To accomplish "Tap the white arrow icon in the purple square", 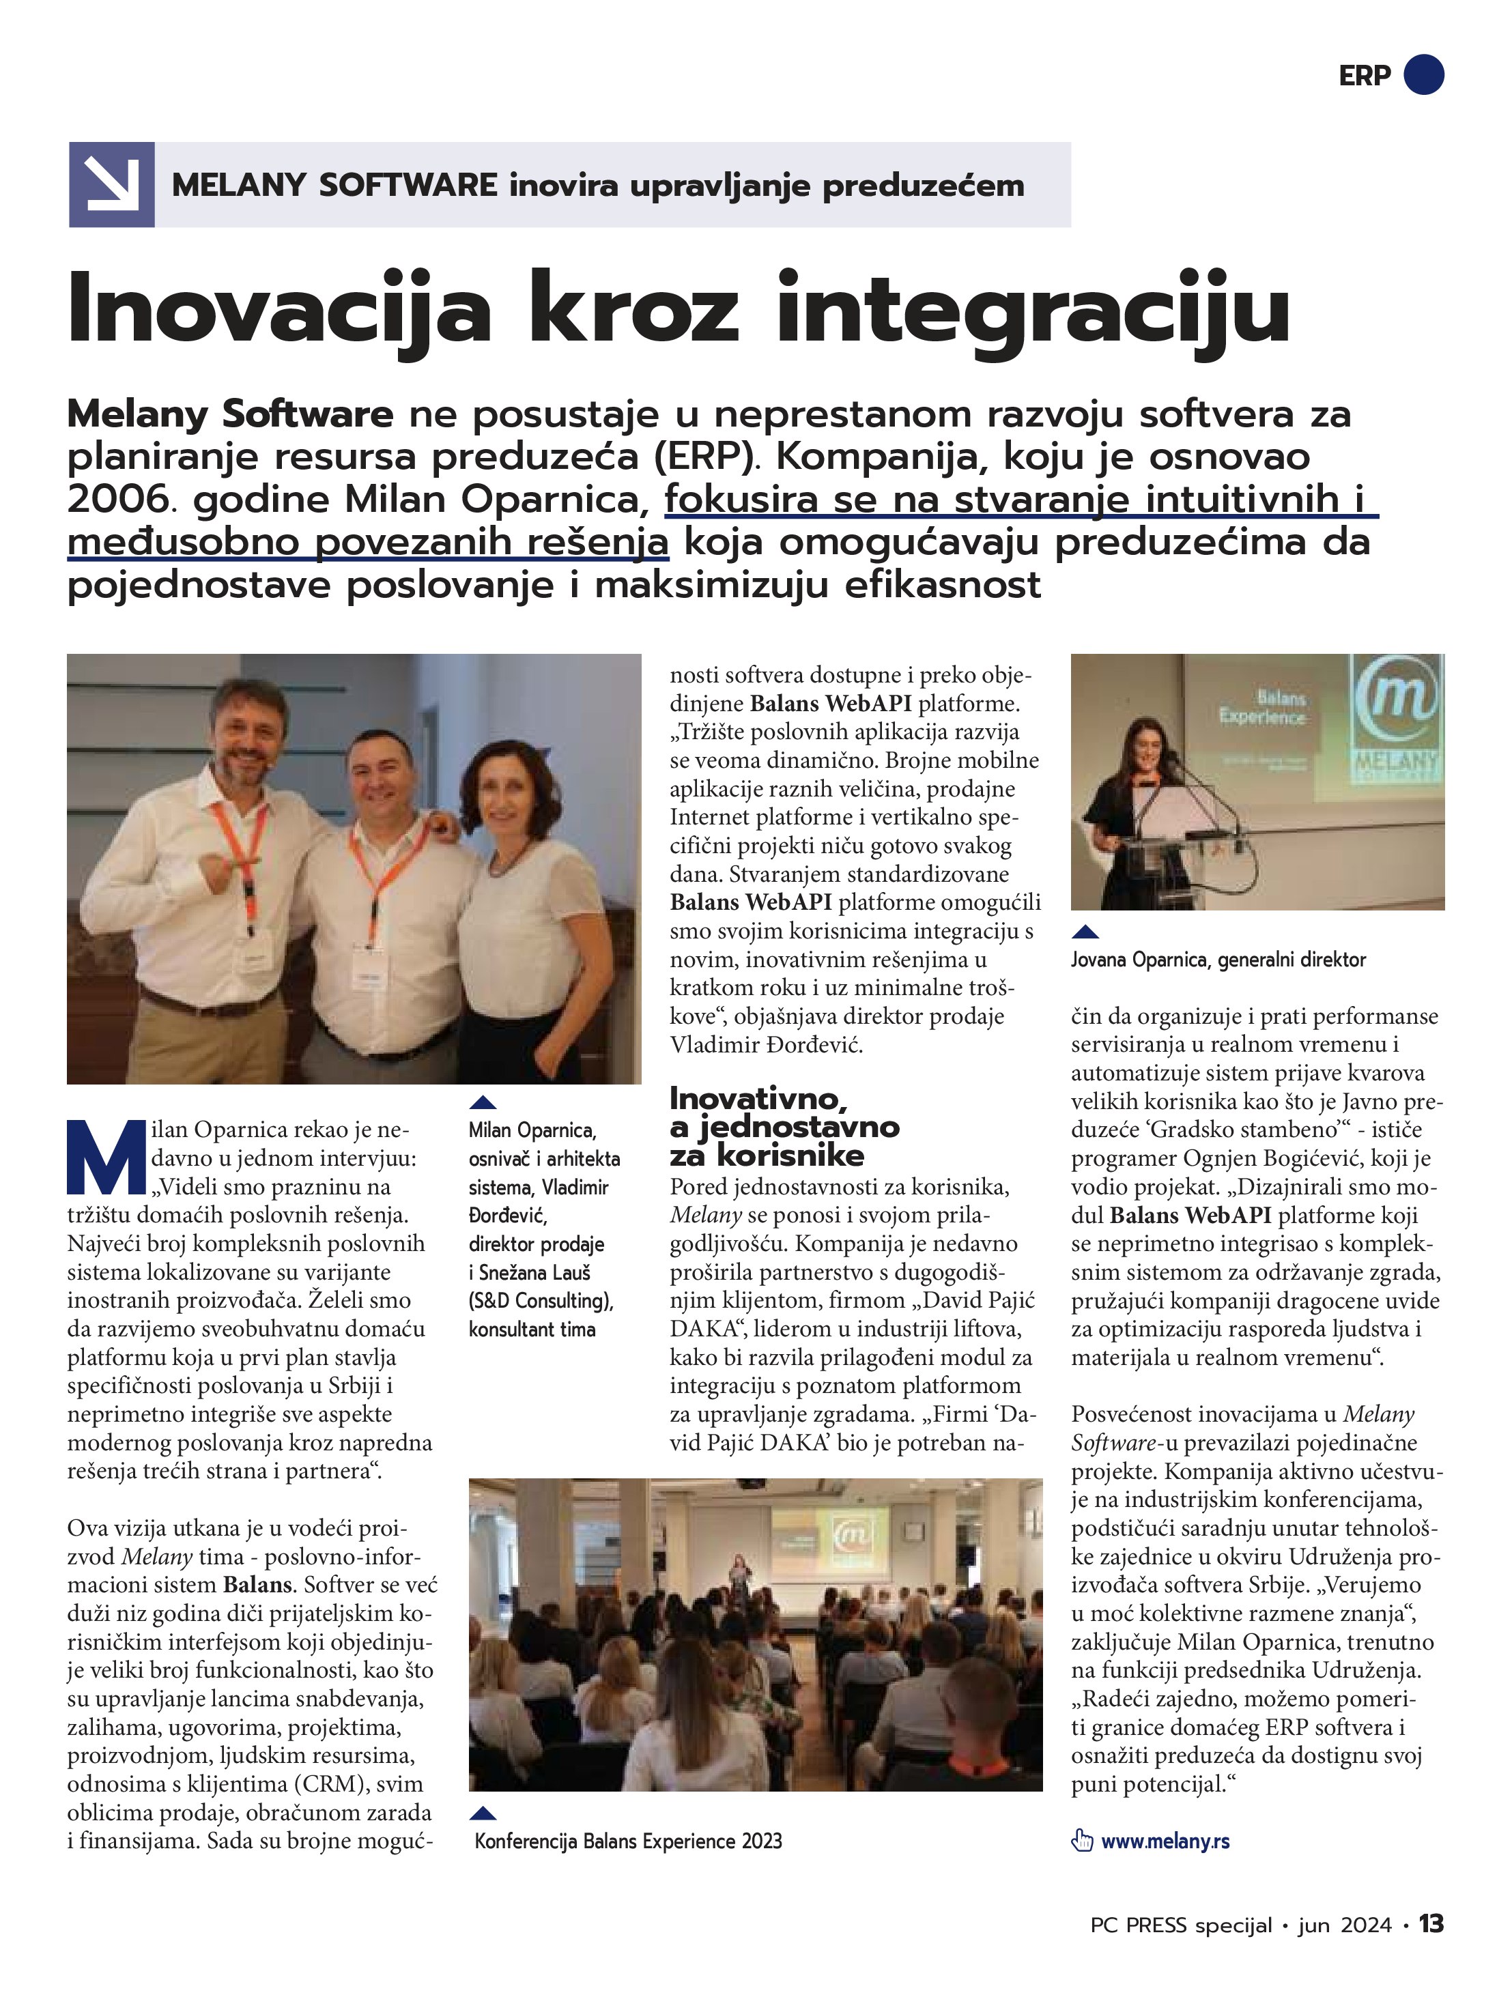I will pyautogui.click(x=111, y=184).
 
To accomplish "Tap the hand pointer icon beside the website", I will pyautogui.click(x=1082, y=1841).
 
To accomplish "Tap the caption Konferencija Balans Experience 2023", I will pyautogui.click(x=628, y=1841).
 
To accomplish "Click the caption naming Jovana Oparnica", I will pyautogui.click(x=1218, y=960).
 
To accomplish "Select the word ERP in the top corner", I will pyautogui.click(x=1365, y=76).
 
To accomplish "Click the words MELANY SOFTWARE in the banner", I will pyautogui.click(x=334, y=185).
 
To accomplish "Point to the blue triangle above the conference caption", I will pyautogui.click(x=483, y=1813).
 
